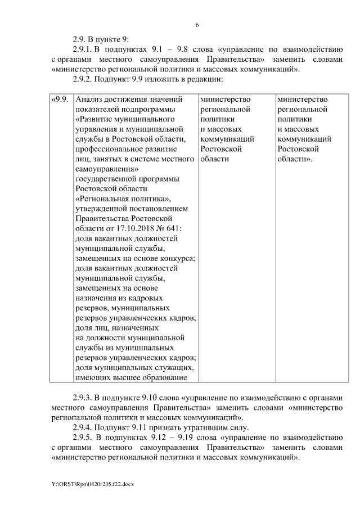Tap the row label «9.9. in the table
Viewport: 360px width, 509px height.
60,100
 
